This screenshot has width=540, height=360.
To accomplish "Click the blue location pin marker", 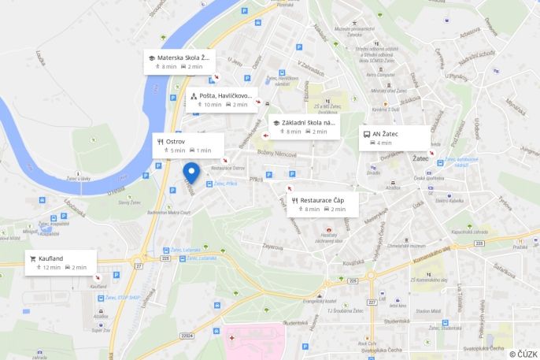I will [x=190, y=172].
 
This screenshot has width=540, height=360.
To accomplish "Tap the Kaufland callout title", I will [x=50, y=258].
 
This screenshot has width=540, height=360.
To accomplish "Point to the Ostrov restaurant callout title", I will [x=176, y=141].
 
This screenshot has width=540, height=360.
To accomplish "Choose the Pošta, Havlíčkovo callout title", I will [x=225, y=95].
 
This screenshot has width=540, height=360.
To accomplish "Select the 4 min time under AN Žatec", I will [x=383, y=143].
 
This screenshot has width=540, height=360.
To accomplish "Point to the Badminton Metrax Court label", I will [x=163, y=212].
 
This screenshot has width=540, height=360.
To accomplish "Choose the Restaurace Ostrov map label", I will [x=228, y=168].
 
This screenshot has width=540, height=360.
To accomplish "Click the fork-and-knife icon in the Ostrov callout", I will [x=161, y=141].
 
